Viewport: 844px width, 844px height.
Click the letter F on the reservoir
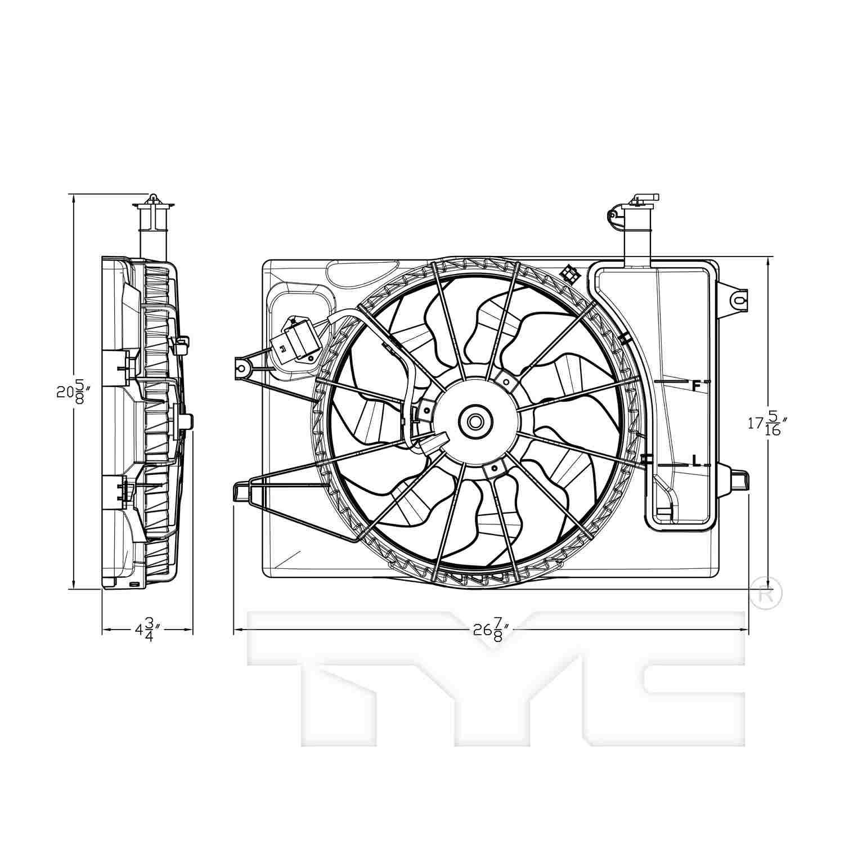click(x=695, y=386)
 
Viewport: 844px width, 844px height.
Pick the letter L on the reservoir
click(x=695, y=463)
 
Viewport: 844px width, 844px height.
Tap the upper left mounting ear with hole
click(x=243, y=369)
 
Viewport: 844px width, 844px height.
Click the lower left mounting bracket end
click(x=241, y=491)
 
